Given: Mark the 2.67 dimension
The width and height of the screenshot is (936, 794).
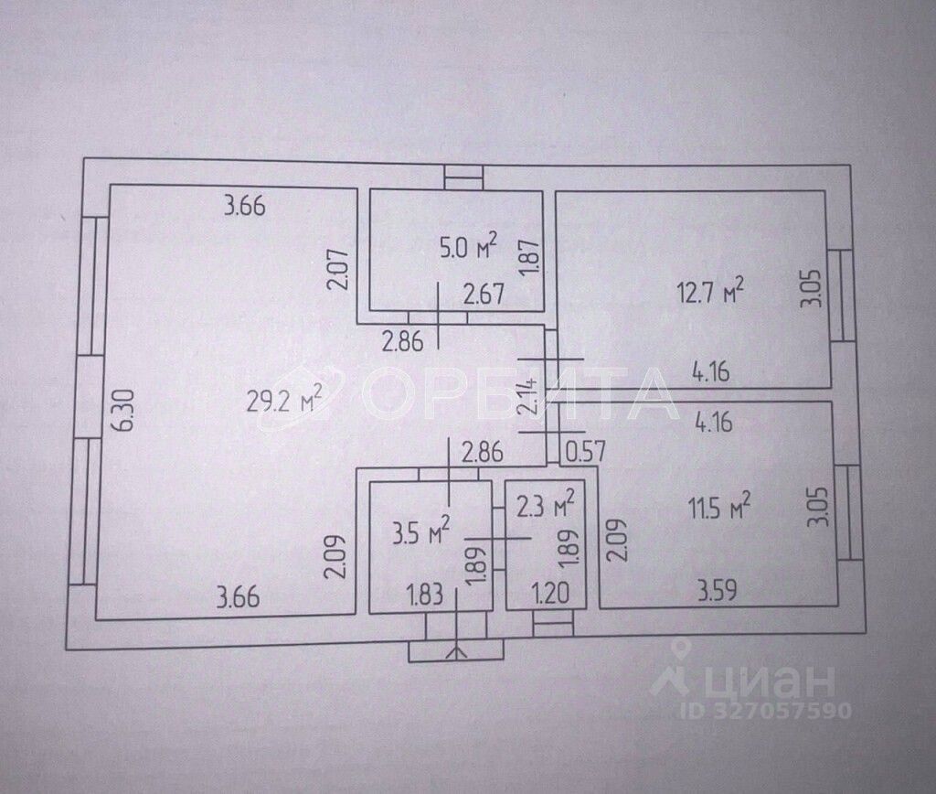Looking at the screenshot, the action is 484,295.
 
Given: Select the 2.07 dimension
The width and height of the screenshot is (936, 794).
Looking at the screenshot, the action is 336,270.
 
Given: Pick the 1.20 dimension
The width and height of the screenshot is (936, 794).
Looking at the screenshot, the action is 550,595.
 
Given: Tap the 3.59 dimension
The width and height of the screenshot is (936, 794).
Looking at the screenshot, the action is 718,591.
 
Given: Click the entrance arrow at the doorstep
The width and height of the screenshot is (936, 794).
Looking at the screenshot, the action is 456,651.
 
